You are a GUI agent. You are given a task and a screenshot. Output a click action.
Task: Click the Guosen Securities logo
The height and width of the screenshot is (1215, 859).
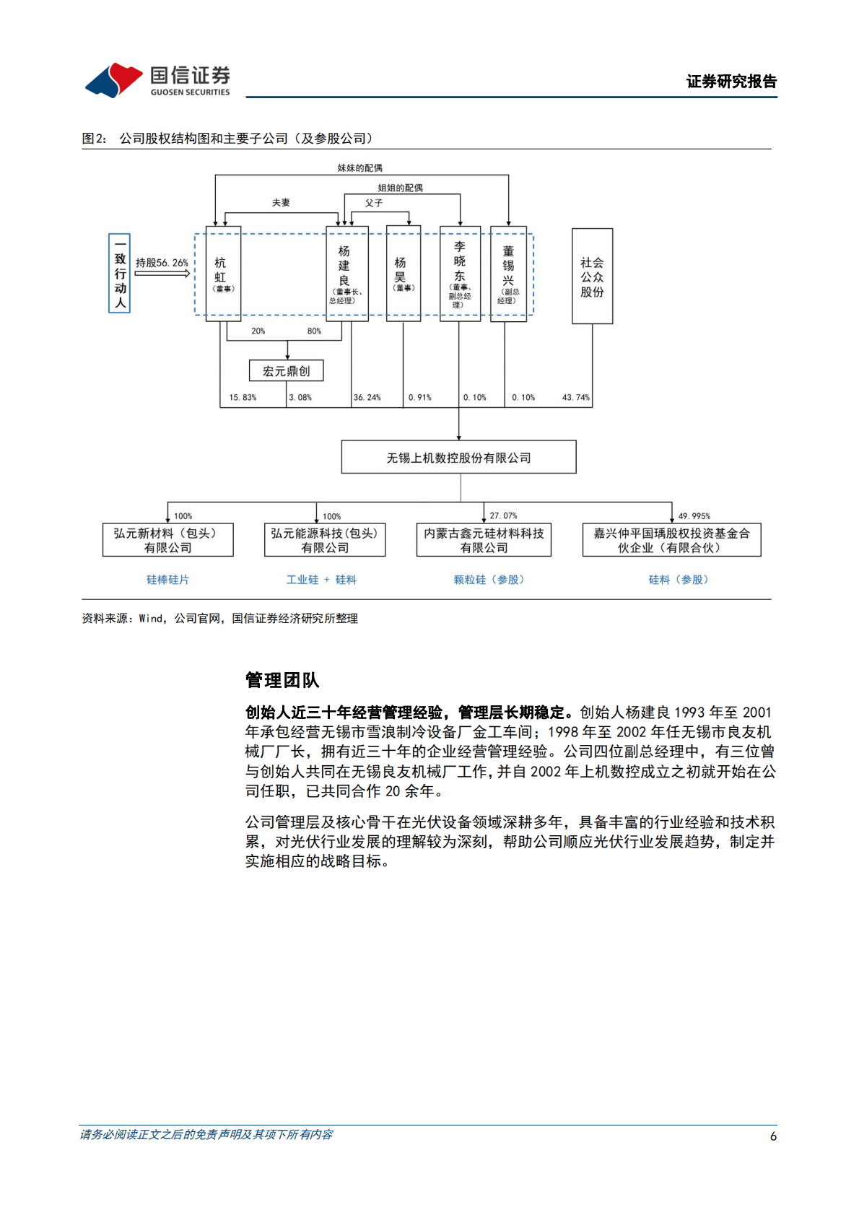(157, 79)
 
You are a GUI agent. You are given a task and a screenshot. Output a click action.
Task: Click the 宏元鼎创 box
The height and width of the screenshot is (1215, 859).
(287, 371)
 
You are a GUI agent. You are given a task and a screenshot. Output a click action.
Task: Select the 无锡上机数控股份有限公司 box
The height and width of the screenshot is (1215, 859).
(458, 458)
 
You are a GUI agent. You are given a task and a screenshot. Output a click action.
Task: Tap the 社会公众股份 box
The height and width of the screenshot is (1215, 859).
(592, 276)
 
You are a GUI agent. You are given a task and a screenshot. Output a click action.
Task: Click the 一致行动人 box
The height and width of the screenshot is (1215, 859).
(120, 273)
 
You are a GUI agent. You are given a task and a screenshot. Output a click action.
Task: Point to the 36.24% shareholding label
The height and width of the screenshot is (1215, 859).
(367, 398)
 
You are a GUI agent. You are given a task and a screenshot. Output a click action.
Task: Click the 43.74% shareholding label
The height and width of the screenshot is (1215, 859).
(575, 398)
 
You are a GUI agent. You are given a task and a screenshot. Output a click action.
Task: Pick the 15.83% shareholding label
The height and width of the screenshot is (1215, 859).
(243, 398)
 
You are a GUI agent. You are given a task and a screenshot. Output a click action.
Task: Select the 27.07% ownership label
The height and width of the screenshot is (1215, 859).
(503, 516)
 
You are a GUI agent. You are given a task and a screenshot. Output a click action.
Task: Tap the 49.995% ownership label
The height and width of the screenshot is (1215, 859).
(694, 516)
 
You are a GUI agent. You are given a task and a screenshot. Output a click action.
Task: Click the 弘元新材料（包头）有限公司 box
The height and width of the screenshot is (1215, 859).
(168, 540)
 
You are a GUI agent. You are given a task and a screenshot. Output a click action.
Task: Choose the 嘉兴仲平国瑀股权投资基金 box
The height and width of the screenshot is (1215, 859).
(671, 540)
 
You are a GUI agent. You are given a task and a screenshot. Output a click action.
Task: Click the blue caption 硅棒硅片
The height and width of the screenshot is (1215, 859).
(167, 580)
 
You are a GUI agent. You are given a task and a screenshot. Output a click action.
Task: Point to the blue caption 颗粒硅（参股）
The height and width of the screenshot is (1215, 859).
(489, 580)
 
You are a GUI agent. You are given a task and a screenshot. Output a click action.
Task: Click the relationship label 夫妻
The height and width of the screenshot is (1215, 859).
(281, 203)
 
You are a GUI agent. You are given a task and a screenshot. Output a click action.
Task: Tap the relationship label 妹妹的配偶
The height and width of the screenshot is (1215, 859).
(359, 168)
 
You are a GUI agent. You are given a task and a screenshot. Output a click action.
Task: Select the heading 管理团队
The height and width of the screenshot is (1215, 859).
(282, 680)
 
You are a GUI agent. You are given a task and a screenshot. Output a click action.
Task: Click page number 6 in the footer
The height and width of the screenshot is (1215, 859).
(773, 1136)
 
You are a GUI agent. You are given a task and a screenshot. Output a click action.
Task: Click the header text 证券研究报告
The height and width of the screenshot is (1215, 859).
(731, 82)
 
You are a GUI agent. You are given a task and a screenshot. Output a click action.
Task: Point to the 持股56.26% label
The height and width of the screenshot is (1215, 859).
(162, 264)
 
